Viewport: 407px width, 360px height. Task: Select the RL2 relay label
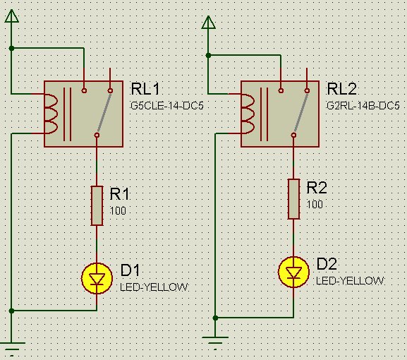342,89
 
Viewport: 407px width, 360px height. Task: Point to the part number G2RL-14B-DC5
363,106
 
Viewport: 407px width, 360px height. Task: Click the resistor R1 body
97,205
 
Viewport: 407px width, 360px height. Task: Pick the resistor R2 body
293,198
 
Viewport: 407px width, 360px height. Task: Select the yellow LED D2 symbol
293,272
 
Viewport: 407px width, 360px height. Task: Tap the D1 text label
130,270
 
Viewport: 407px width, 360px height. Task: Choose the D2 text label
327,265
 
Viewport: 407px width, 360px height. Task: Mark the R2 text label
318,188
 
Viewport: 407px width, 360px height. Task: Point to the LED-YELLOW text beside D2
351,281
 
